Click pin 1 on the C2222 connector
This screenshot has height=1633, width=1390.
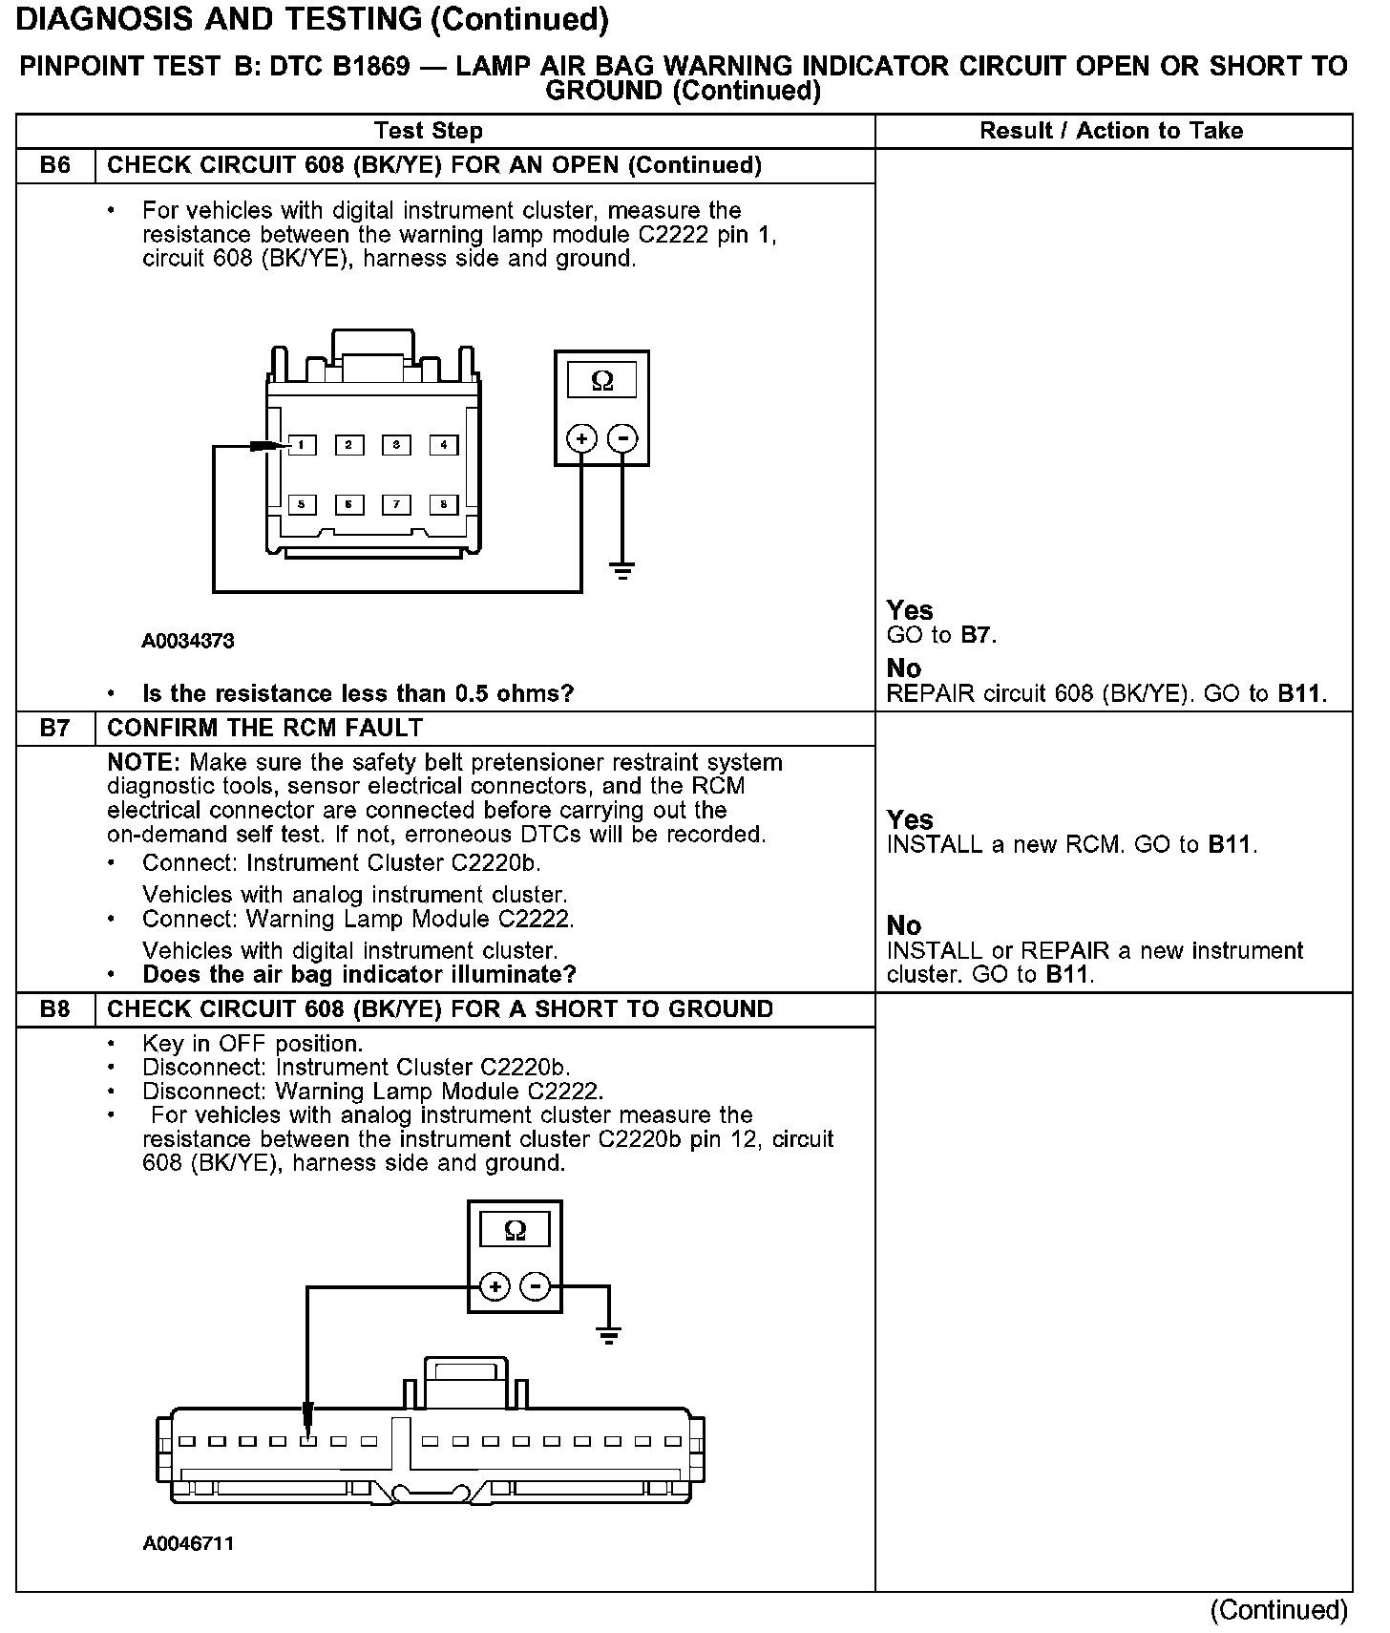pyautogui.click(x=302, y=445)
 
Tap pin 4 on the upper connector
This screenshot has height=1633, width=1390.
pyautogui.click(x=444, y=445)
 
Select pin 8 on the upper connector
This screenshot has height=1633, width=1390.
pyautogui.click(x=444, y=504)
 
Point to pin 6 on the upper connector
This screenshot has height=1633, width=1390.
pyautogui.click(x=349, y=504)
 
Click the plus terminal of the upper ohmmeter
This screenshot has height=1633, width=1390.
pyautogui.click(x=581, y=439)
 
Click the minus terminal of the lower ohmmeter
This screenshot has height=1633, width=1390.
pyautogui.click(x=537, y=1287)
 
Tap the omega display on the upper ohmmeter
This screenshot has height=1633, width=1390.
pyautogui.click(x=601, y=381)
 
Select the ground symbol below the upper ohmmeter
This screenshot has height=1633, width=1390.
pyautogui.click(x=622, y=572)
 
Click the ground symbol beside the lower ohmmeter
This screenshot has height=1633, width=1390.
pyautogui.click(x=609, y=1335)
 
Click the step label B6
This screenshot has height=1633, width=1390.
pyautogui.click(x=55, y=165)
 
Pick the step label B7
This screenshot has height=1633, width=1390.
pyautogui.click(x=55, y=728)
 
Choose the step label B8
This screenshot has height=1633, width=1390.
pyautogui.click(x=55, y=1009)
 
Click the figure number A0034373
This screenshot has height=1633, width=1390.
pyautogui.click(x=188, y=641)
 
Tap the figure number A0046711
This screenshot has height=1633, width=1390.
pyautogui.click(x=188, y=1543)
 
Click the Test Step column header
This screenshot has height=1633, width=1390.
pyautogui.click(x=429, y=131)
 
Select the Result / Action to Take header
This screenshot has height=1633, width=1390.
pyautogui.click(x=1111, y=131)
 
